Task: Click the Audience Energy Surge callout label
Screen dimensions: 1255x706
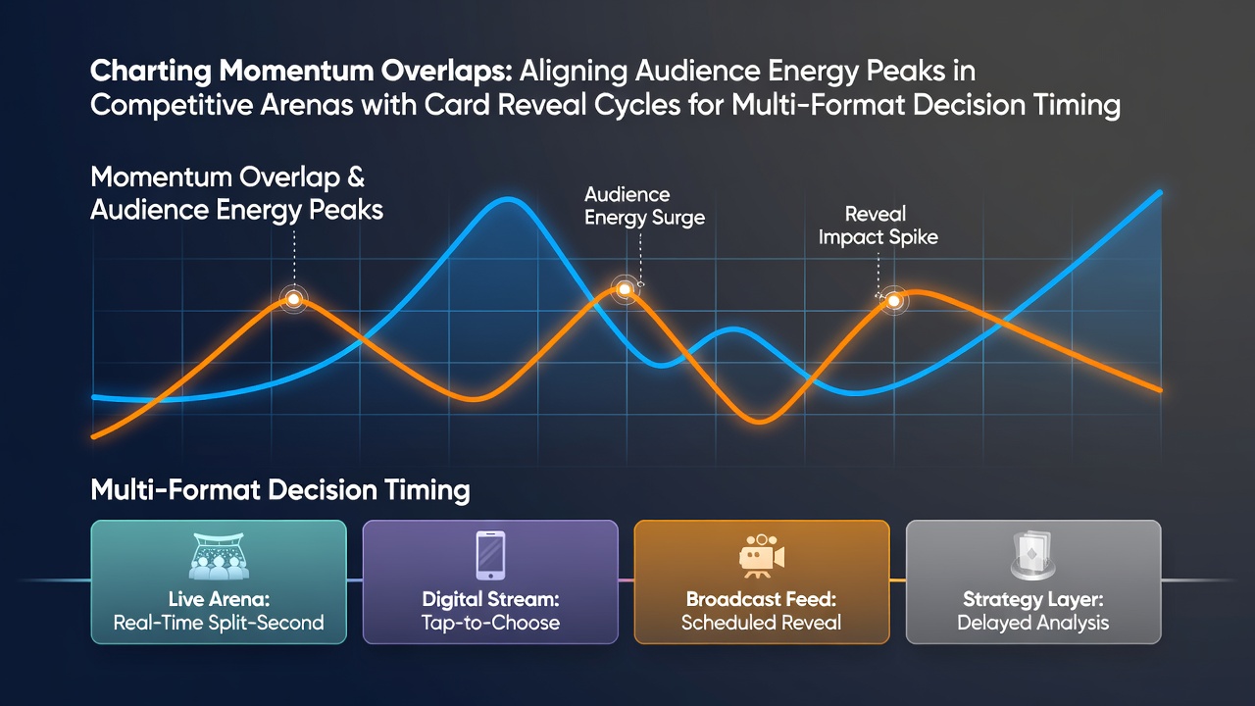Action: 644,206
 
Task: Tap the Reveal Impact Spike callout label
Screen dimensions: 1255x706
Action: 878,226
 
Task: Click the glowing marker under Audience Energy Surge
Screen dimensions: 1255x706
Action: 625,289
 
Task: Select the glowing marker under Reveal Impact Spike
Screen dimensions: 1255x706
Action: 893,301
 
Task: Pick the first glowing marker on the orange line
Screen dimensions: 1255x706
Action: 293,299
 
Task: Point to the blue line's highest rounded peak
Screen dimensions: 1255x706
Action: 508,199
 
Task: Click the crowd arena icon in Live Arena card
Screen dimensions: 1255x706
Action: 219,556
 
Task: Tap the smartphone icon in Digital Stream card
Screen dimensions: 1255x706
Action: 490,555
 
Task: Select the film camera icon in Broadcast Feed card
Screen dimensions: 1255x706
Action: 762,556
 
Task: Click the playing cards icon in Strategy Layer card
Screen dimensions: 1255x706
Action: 1033,555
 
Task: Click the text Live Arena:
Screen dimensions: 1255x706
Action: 219,599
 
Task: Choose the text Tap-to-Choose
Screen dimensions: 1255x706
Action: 490,623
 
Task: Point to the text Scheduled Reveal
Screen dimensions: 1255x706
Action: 762,622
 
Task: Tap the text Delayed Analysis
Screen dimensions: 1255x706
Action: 1033,623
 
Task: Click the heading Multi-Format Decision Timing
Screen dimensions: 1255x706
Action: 280,489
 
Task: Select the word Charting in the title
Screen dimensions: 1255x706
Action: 151,72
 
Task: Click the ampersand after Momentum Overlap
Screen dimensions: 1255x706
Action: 356,177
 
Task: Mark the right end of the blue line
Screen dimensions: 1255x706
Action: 1159,193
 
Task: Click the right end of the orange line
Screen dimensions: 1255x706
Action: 1159,390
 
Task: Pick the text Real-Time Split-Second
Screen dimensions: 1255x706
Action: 219,623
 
